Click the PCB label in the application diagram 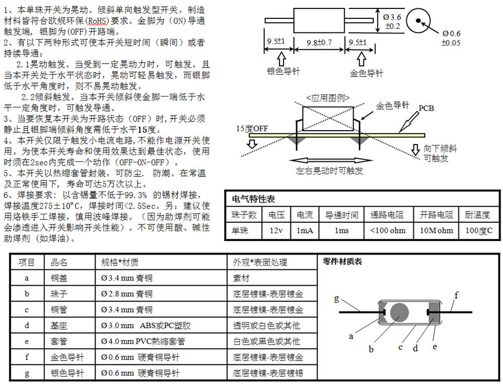coord(426,108)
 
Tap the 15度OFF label coord(252,128)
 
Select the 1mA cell coord(305,231)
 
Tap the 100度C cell coord(478,231)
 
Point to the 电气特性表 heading coord(253,199)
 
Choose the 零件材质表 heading coord(343,261)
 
